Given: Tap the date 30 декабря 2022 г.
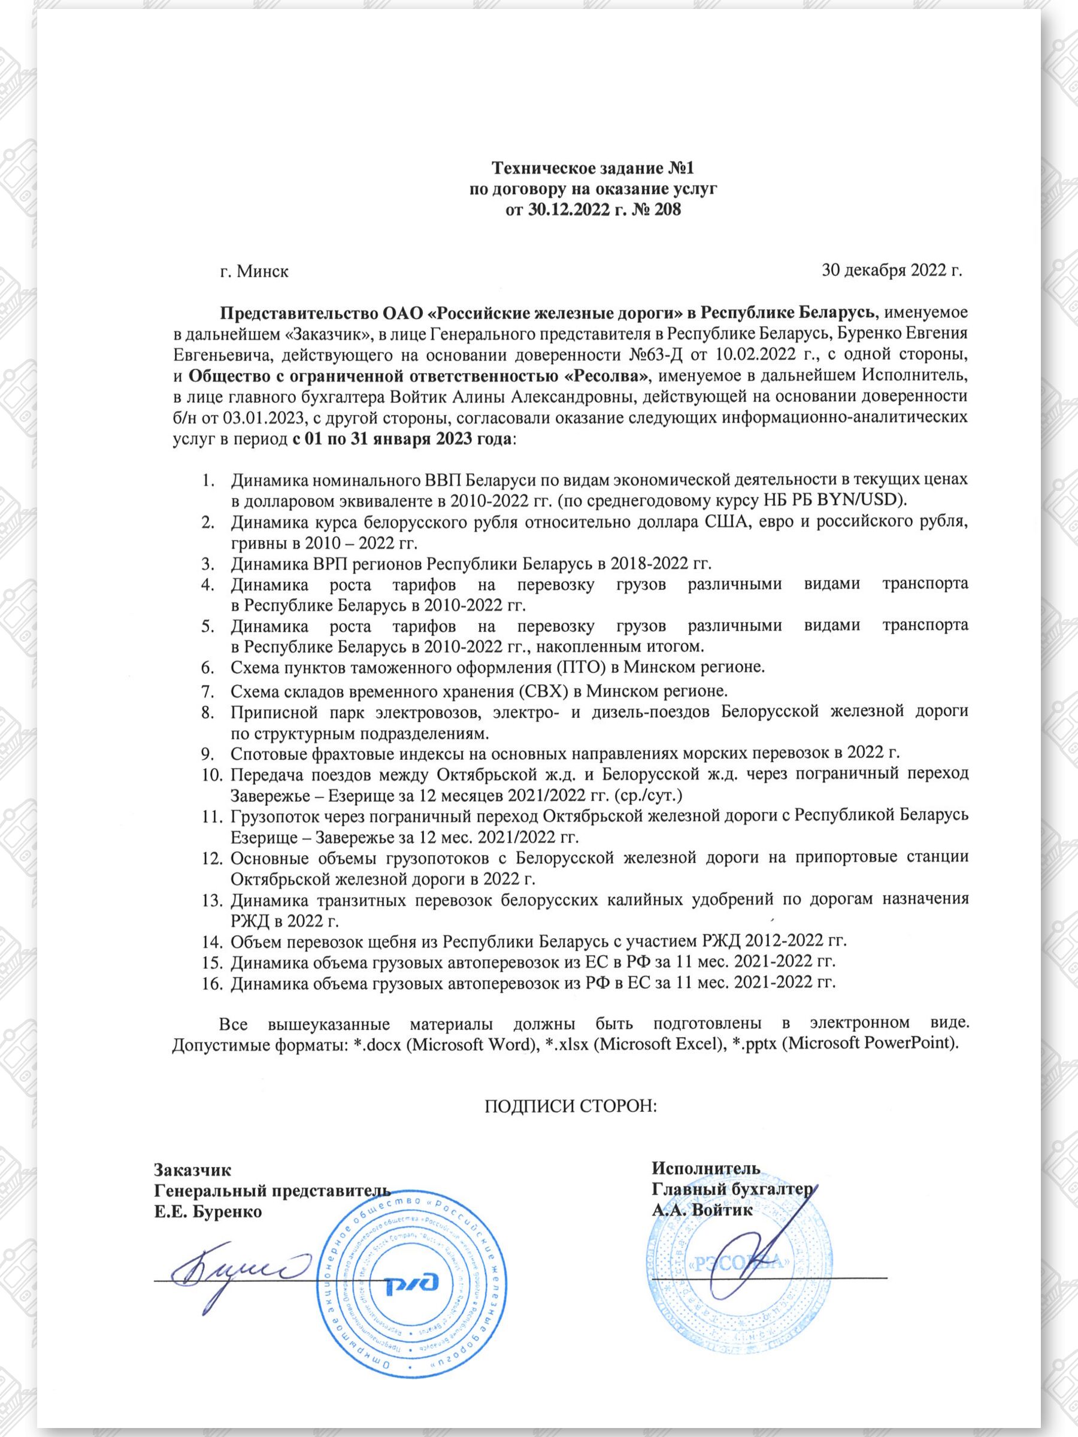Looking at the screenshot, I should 892,269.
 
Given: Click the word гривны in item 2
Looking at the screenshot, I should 253,542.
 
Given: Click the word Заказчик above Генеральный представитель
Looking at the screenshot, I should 192,1169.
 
